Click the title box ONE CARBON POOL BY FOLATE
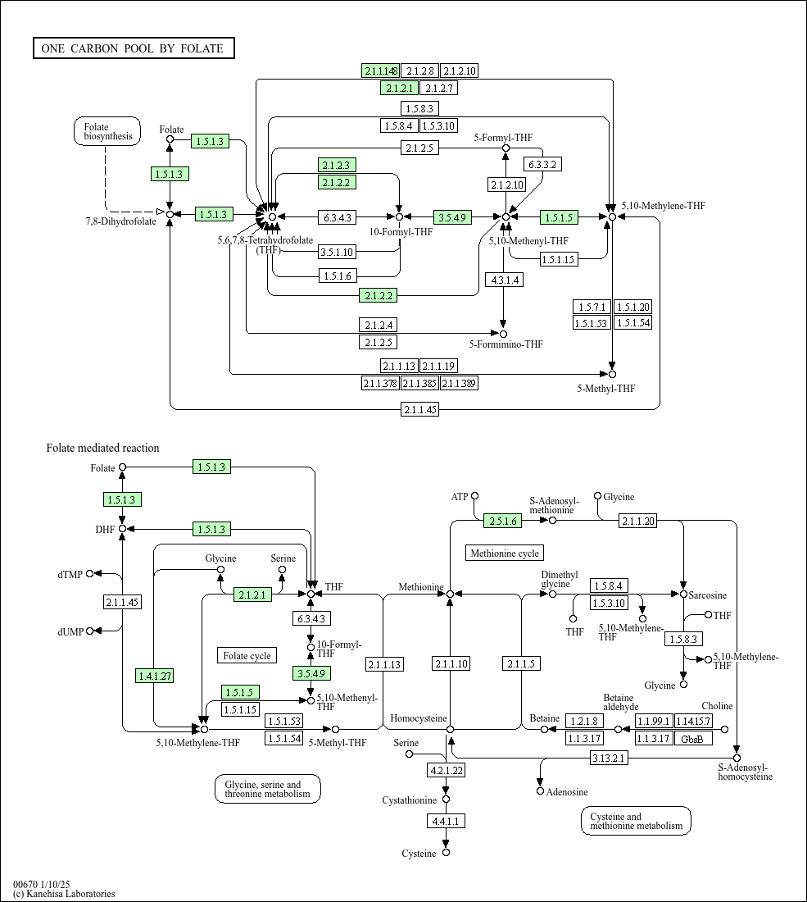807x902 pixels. pyautogui.click(x=134, y=48)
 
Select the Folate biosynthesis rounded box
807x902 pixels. pyautogui.click(x=107, y=131)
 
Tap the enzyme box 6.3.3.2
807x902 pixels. pyautogui.click(x=542, y=165)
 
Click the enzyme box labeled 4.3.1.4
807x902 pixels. pyautogui.click(x=504, y=280)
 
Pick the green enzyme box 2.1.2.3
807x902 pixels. pyautogui.click(x=337, y=165)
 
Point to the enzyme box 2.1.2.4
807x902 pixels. pyautogui.click(x=379, y=325)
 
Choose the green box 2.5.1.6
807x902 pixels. pyautogui.click(x=503, y=522)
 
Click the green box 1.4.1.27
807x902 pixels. pyautogui.click(x=154, y=676)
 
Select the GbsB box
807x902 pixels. pyautogui.click(x=692, y=739)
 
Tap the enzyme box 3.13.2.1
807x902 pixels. pyautogui.click(x=608, y=758)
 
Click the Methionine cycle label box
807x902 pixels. pyautogui.click(x=505, y=553)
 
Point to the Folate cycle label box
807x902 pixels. pyautogui.click(x=247, y=656)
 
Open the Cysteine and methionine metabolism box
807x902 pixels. pyautogui.click(x=636, y=821)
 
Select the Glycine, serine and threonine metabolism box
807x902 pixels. pyautogui.click(x=268, y=789)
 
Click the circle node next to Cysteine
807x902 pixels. pyautogui.click(x=446, y=853)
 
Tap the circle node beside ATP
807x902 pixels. pyautogui.click(x=474, y=496)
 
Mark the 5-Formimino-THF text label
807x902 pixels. pyautogui.click(x=506, y=344)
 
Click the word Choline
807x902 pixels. pyautogui.click(x=717, y=706)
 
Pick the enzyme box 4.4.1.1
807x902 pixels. pyautogui.click(x=446, y=821)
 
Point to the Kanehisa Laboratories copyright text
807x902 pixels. pyautogui.click(x=64, y=893)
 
